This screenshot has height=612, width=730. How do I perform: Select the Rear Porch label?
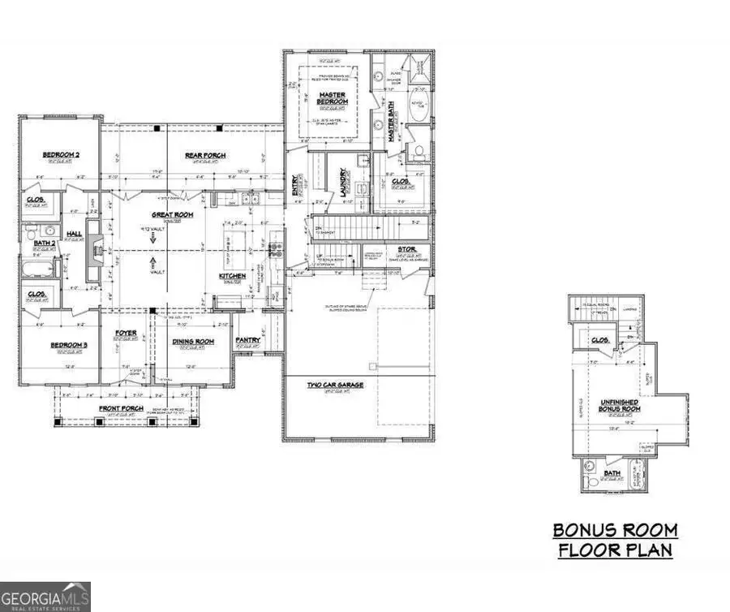pos(204,156)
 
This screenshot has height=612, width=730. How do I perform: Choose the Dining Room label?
pos(192,342)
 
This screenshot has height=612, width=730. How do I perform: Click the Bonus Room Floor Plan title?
pos(614,540)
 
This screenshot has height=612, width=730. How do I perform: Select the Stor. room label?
pos(406,249)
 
